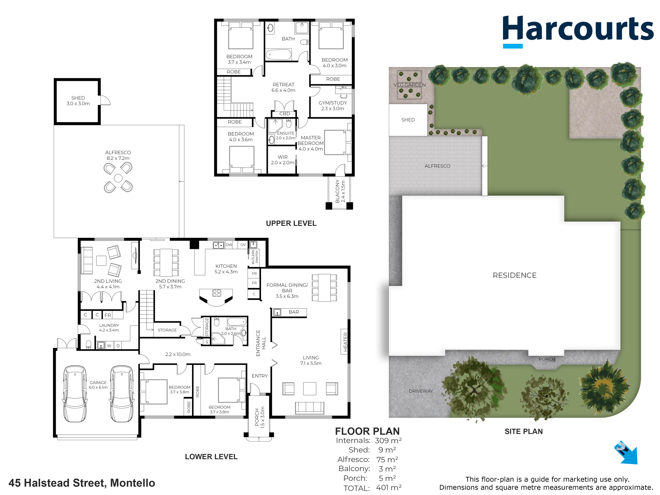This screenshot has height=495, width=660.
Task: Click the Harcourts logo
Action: pos(578,31)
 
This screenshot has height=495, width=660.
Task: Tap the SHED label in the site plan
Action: pos(408,120)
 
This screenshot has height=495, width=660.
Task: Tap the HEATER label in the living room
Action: pos(345,342)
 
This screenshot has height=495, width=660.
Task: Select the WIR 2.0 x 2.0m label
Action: pos(283,160)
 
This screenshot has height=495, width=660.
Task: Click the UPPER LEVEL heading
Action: pos(291,223)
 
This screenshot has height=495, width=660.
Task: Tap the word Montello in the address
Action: pos(133,483)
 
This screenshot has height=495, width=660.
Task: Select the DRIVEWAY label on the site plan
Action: pos(421,391)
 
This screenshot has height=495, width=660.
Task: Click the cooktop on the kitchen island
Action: pos(217,293)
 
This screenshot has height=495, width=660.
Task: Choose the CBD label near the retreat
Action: pos(285,114)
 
